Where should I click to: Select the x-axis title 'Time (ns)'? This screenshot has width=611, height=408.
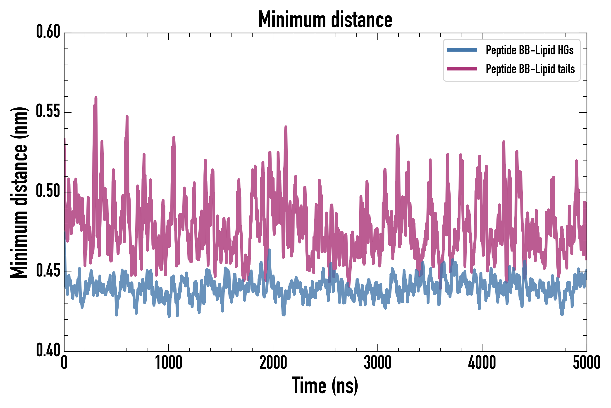[x=325, y=385]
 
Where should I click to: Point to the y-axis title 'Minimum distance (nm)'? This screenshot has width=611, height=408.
[x=19, y=192]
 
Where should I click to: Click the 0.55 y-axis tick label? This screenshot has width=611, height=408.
[x=48, y=111]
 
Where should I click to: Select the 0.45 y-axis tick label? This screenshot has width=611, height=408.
[x=48, y=271]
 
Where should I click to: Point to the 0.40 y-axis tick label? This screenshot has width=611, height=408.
[x=48, y=350]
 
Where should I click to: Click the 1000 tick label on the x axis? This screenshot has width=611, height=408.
[x=169, y=362]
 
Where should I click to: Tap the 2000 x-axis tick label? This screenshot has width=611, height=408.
[x=273, y=362]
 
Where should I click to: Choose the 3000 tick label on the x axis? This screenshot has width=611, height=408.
[x=377, y=362]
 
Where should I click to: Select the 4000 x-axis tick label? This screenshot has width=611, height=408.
[x=482, y=362]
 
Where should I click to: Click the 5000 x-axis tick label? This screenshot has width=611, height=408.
[x=586, y=362]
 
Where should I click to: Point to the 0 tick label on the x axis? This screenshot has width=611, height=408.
[x=64, y=362]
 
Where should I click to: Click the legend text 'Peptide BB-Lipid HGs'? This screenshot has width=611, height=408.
[x=530, y=50]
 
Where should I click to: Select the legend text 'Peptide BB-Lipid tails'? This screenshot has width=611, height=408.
[x=530, y=69]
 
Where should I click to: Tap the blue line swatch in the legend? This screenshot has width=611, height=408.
[x=462, y=50]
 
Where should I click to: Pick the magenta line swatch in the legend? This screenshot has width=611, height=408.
[x=462, y=69]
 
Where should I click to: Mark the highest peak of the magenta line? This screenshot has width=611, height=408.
[x=96, y=98]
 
